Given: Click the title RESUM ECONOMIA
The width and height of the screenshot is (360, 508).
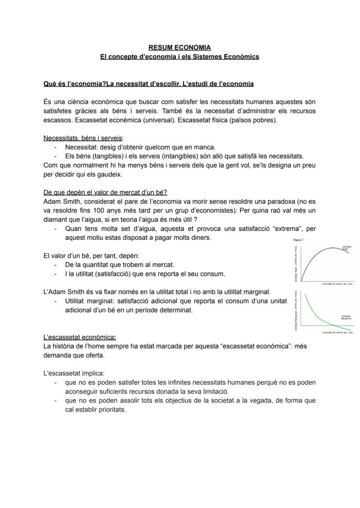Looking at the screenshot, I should pos(180,47).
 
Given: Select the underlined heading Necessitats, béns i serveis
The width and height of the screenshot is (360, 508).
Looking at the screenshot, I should pos(83,138).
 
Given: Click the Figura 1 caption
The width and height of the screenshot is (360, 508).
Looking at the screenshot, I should pos(298,239).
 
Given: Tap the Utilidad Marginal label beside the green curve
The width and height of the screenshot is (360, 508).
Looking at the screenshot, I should pos(346,317).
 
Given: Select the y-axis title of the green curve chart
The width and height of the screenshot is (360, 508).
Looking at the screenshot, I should pos(297,311).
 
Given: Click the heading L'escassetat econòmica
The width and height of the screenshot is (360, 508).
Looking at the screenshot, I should pos(80,337).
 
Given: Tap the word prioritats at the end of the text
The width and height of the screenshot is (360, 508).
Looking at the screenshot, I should pos(111,409).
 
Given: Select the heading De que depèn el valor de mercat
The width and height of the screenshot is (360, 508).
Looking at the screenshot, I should pos(108,193).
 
